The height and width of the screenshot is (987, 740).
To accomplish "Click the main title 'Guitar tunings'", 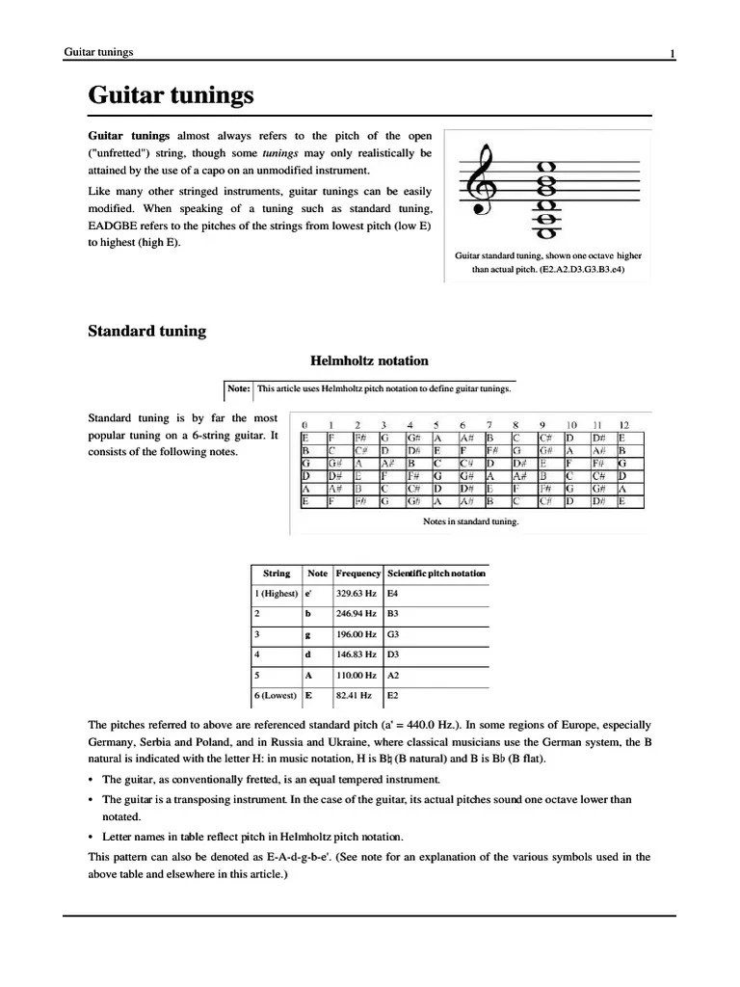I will (x=171, y=95).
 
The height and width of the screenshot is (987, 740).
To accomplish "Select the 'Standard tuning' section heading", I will (x=147, y=332).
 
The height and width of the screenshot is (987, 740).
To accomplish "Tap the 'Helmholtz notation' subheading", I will (x=369, y=361).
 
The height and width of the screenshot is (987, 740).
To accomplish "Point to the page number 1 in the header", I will (x=672, y=53).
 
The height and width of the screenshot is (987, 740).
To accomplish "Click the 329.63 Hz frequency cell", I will (x=357, y=593).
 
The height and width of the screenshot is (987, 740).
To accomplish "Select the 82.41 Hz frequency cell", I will (x=355, y=694).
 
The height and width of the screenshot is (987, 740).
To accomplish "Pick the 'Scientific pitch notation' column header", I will (x=436, y=574).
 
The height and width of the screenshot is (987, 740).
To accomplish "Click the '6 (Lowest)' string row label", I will (x=276, y=694).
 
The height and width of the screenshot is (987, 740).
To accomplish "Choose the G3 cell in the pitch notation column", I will (x=393, y=635).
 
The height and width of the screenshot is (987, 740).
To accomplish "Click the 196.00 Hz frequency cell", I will (x=357, y=635).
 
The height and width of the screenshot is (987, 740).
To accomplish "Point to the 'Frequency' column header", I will (x=357, y=574).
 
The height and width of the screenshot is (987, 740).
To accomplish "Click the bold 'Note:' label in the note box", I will (x=239, y=389).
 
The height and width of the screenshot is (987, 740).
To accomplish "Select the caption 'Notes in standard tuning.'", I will (x=470, y=521).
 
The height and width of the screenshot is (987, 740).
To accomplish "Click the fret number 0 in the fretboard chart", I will (x=305, y=425).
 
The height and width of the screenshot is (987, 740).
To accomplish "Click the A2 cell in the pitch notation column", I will (x=393, y=676).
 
